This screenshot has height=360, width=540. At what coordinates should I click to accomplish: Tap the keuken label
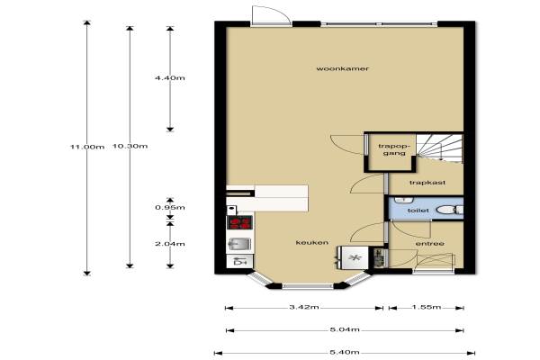click(x=312, y=242)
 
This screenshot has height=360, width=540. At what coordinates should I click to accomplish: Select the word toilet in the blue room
click(x=418, y=210)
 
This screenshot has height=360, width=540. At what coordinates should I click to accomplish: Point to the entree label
click(x=430, y=244)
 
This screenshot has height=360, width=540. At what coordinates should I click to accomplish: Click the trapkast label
click(x=427, y=182)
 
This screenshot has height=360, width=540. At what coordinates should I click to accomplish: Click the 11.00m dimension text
click(x=87, y=147)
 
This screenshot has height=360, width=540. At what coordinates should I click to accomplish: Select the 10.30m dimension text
click(x=130, y=146)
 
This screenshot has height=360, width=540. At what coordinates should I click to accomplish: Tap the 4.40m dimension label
click(x=170, y=78)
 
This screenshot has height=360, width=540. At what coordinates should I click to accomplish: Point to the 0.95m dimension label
click(x=170, y=207)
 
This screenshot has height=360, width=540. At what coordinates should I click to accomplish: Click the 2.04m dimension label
click(x=170, y=244)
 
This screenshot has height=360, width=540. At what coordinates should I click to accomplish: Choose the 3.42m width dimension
click(x=304, y=307)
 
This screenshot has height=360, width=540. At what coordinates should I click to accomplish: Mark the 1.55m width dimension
click(x=427, y=307)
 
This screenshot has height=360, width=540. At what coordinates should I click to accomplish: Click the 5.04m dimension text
click(x=345, y=329)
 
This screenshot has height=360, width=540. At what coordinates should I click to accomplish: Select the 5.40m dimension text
click(x=345, y=352)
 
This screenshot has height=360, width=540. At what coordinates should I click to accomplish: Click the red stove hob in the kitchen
click(x=240, y=222)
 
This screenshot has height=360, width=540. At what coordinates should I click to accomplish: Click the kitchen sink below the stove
click(x=239, y=244)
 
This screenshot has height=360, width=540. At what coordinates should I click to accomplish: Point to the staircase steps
click(x=439, y=148)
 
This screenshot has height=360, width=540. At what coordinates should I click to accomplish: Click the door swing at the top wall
click(x=270, y=14)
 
